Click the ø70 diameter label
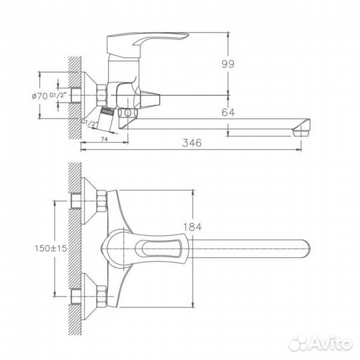42,97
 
